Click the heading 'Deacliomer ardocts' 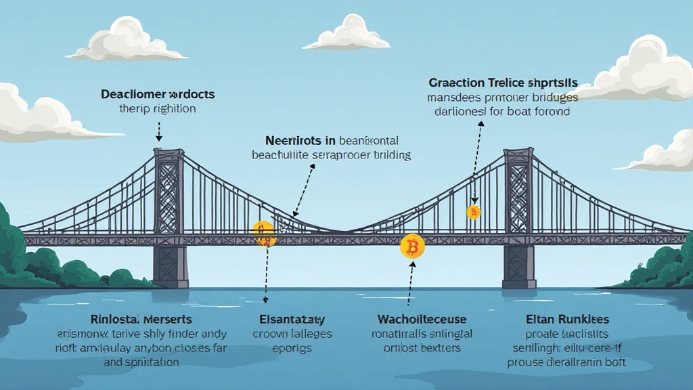click(157, 94)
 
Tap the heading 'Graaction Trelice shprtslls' click(502, 83)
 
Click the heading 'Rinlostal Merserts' click(141, 319)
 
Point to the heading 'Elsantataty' click(292, 319)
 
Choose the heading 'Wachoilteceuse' click(422, 319)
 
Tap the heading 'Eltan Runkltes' click(567, 319)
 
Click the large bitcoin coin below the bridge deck click(412, 246)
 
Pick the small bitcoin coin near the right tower click(474, 213)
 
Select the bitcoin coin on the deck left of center click(263, 233)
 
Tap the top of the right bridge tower click(518, 152)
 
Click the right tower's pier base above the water click(519, 265)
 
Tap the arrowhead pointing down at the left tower click(158, 138)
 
